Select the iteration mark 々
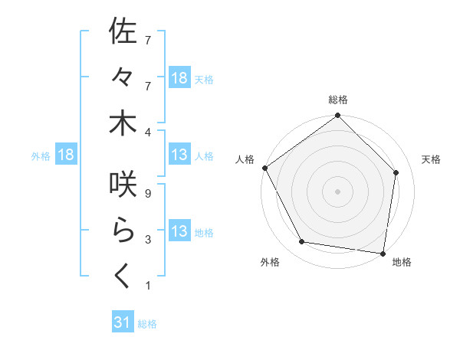coord(123,78)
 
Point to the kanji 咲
coord(123,185)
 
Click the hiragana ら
coord(123,231)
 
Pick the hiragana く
coord(123,277)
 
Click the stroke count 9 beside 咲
coord(148,194)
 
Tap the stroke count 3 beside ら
coord(148,240)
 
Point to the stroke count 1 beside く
coord(148,286)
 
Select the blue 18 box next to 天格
coord(179,78)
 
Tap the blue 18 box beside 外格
coord(66,155)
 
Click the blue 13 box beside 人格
coord(179,155)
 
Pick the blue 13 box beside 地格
coord(179,232)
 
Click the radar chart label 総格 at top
coord(338,100)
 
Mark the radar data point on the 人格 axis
coord(265,168)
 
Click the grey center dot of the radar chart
coord(338,191)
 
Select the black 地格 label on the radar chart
coord(402,263)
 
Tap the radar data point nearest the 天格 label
coord(396,172)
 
